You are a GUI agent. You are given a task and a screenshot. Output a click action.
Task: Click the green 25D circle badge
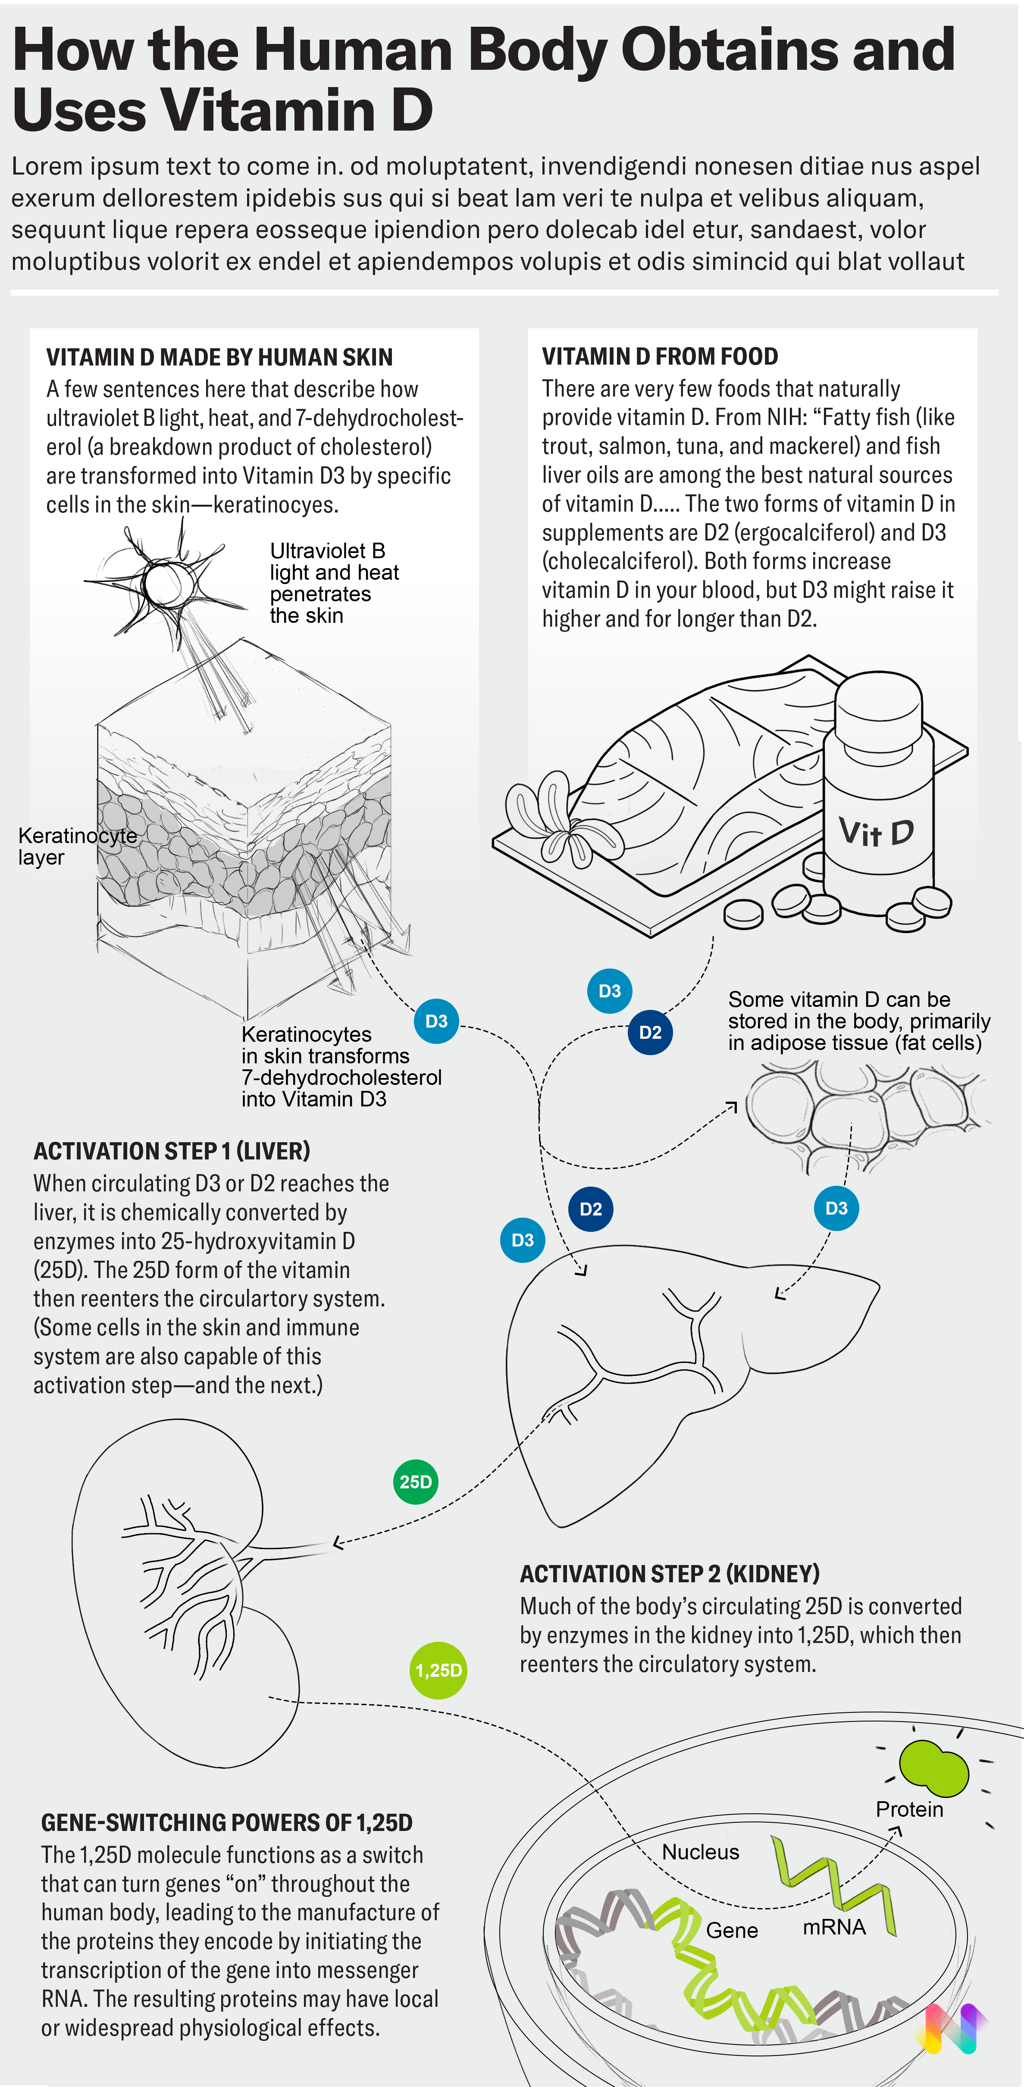click(x=416, y=1482)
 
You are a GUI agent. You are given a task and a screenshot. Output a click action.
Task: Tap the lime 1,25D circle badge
click(x=438, y=1670)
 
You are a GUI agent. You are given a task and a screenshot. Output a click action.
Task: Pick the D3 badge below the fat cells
click(x=836, y=1208)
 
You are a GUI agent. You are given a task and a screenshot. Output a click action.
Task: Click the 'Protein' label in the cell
click(x=909, y=1809)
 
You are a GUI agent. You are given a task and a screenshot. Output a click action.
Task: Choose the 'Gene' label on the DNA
click(x=732, y=1930)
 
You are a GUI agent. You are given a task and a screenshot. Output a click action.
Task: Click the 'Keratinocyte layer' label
click(x=77, y=846)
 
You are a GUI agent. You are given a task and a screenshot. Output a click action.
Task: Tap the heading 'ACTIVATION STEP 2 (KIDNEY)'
click(x=669, y=1573)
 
